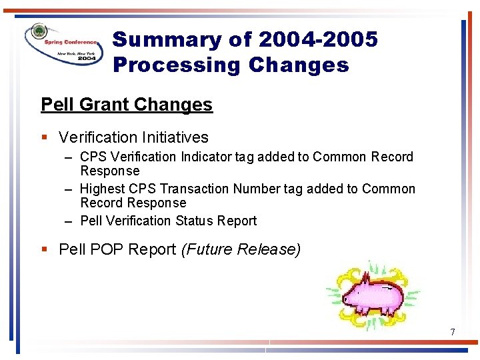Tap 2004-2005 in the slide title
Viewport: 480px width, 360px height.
(317, 40)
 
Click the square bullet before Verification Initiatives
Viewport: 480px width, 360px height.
(44, 137)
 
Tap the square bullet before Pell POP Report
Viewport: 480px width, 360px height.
(44, 249)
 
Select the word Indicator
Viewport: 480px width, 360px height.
(207, 157)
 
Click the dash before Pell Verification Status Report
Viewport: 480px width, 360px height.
(69, 221)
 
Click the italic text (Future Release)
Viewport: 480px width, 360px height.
(241, 249)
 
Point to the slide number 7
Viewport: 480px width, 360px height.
(453, 332)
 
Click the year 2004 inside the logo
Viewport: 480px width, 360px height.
(86, 58)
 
